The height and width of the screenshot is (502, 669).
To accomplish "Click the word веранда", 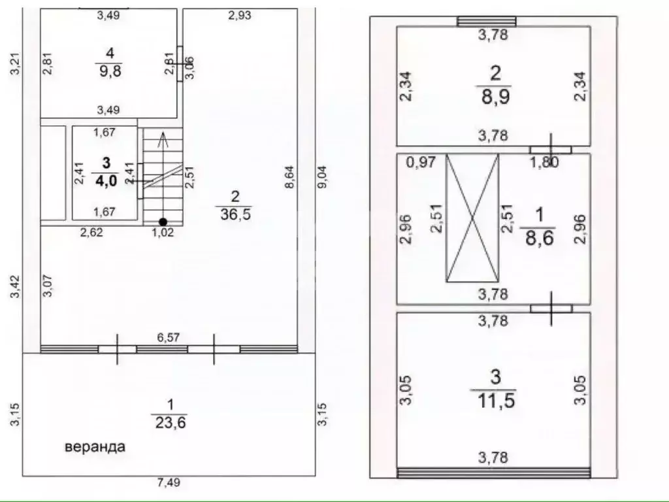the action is point(95,447).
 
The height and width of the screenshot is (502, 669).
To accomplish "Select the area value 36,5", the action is point(235,214).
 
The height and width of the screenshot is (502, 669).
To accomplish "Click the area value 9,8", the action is point(110,71).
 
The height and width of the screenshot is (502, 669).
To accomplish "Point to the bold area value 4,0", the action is point(105,180).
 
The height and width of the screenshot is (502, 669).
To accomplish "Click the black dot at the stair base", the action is point(163,222).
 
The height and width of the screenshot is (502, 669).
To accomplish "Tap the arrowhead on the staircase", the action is point(163,139).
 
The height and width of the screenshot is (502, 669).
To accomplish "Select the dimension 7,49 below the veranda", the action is point(169,482).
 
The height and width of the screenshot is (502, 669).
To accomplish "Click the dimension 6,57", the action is point(169,338).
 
